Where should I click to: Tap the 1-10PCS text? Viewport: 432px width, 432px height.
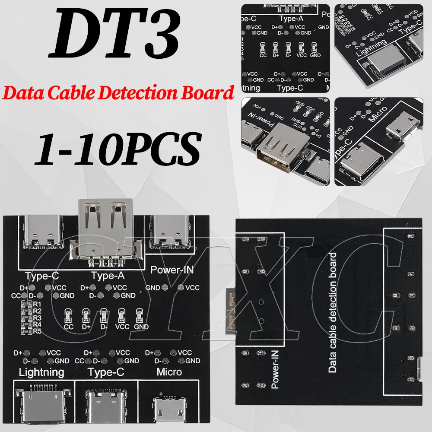click(118, 147)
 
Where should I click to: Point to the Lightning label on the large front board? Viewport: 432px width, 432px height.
click(41, 372)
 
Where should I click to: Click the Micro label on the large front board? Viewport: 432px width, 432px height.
click(169, 372)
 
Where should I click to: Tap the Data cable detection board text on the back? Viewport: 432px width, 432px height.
click(332, 313)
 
